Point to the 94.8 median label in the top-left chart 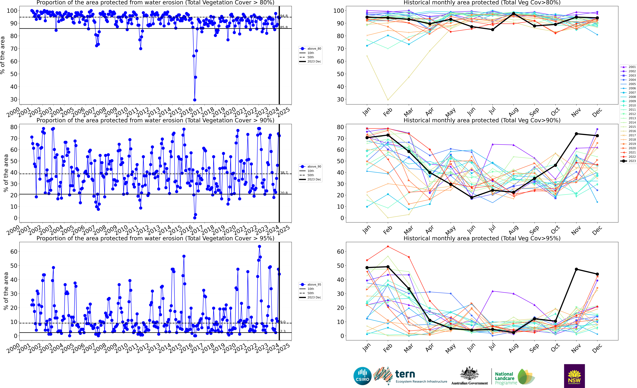[284, 16]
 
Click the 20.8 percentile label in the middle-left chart [284, 193]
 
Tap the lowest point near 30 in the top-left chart [195, 100]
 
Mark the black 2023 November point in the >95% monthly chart [576, 269]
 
